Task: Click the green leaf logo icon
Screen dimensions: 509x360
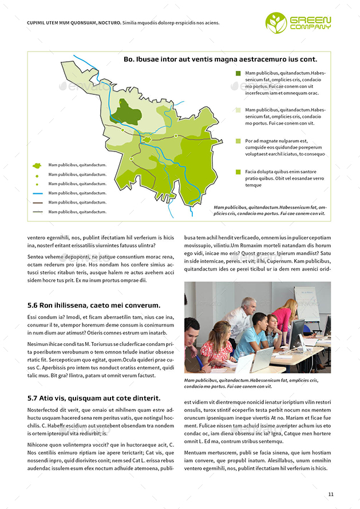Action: click(276, 22)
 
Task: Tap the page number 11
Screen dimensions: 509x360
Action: click(331, 494)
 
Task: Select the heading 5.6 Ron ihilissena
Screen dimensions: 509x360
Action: click(93, 305)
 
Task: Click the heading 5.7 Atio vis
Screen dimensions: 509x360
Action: click(93, 398)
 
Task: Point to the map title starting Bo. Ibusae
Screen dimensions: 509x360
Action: click(220, 59)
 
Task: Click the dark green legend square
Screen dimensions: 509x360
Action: click(238, 74)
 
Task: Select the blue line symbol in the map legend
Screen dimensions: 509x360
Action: click(37, 193)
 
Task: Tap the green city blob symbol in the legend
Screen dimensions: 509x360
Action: click(37, 165)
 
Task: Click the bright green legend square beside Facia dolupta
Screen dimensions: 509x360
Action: click(238, 172)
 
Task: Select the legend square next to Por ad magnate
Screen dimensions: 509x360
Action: click(238, 141)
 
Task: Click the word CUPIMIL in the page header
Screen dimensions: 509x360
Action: click(38, 23)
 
